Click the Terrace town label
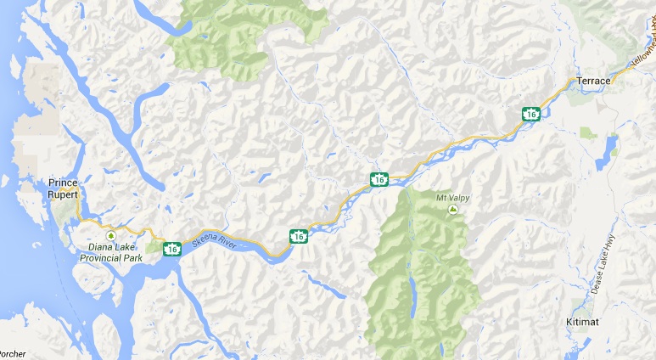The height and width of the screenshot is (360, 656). (593, 81)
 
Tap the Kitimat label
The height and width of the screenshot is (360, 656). (584, 323)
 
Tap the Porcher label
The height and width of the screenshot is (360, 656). (13, 354)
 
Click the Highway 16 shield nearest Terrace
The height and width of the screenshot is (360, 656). (530, 113)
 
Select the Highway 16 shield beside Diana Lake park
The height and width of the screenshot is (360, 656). (172, 249)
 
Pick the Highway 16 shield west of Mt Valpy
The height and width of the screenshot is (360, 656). (379, 179)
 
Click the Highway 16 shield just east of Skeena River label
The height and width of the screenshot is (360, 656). (298, 235)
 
